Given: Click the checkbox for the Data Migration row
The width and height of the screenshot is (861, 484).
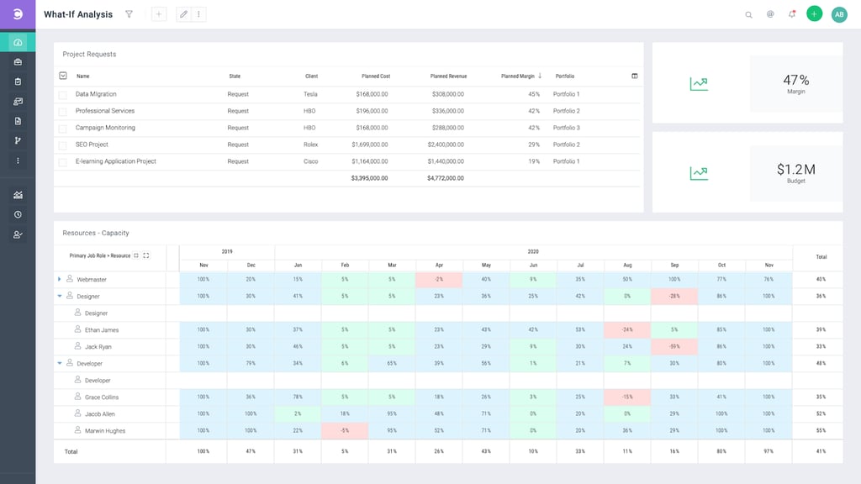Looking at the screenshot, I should pyautogui.click(x=62, y=94).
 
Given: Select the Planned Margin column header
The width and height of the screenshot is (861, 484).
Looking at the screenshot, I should pyautogui.click(x=518, y=76).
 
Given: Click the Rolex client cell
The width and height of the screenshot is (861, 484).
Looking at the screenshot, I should pyautogui.click(x=311, y=145).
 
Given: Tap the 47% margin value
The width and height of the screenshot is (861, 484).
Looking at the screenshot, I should pyautogui.click(x=795, y=81).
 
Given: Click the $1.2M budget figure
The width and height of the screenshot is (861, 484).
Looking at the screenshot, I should pyautogui.click(x=795, y=170).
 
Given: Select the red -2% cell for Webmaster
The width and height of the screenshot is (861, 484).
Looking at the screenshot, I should pyautogui.click(x=439, y=279).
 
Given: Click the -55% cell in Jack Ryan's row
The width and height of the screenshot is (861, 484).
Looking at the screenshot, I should pyautogui.click(x=674, y=346).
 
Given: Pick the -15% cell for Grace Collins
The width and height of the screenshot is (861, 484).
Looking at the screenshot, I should pyautogui.click(x=627, y=397).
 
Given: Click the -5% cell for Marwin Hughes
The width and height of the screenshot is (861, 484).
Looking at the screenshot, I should pyautogui.click(x=345, y=430).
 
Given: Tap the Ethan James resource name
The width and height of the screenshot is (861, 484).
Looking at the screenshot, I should pyautogui.click(x=102, y=329).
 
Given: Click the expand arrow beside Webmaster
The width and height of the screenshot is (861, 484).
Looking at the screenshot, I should pyautogui.click(x=60, y=279).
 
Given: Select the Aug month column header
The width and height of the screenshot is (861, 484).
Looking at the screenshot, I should pyautogui.click(x=627, y=265).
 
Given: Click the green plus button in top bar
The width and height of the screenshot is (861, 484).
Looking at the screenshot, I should pyautogui.click(x=814, y=14).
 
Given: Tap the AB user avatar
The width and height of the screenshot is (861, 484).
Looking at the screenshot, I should pyautogui.click(x=839, y=14).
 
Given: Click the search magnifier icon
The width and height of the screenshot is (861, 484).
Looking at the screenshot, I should pyautogui.click(x=748, y=14).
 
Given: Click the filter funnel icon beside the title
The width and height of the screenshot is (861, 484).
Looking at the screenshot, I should pyautogui.click(x=129, y=14).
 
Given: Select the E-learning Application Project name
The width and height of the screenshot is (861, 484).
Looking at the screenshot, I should pyautogui.click(x=116, y=161).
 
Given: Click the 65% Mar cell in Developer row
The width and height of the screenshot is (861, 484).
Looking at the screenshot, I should pyautogui.click(x=392, y=363).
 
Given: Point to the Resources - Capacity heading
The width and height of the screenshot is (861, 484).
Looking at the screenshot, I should pyautogui.click(x=96, y=233).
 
